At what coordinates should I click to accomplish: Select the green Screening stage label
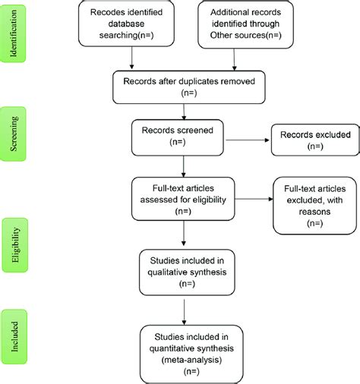[x=16, y=133]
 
